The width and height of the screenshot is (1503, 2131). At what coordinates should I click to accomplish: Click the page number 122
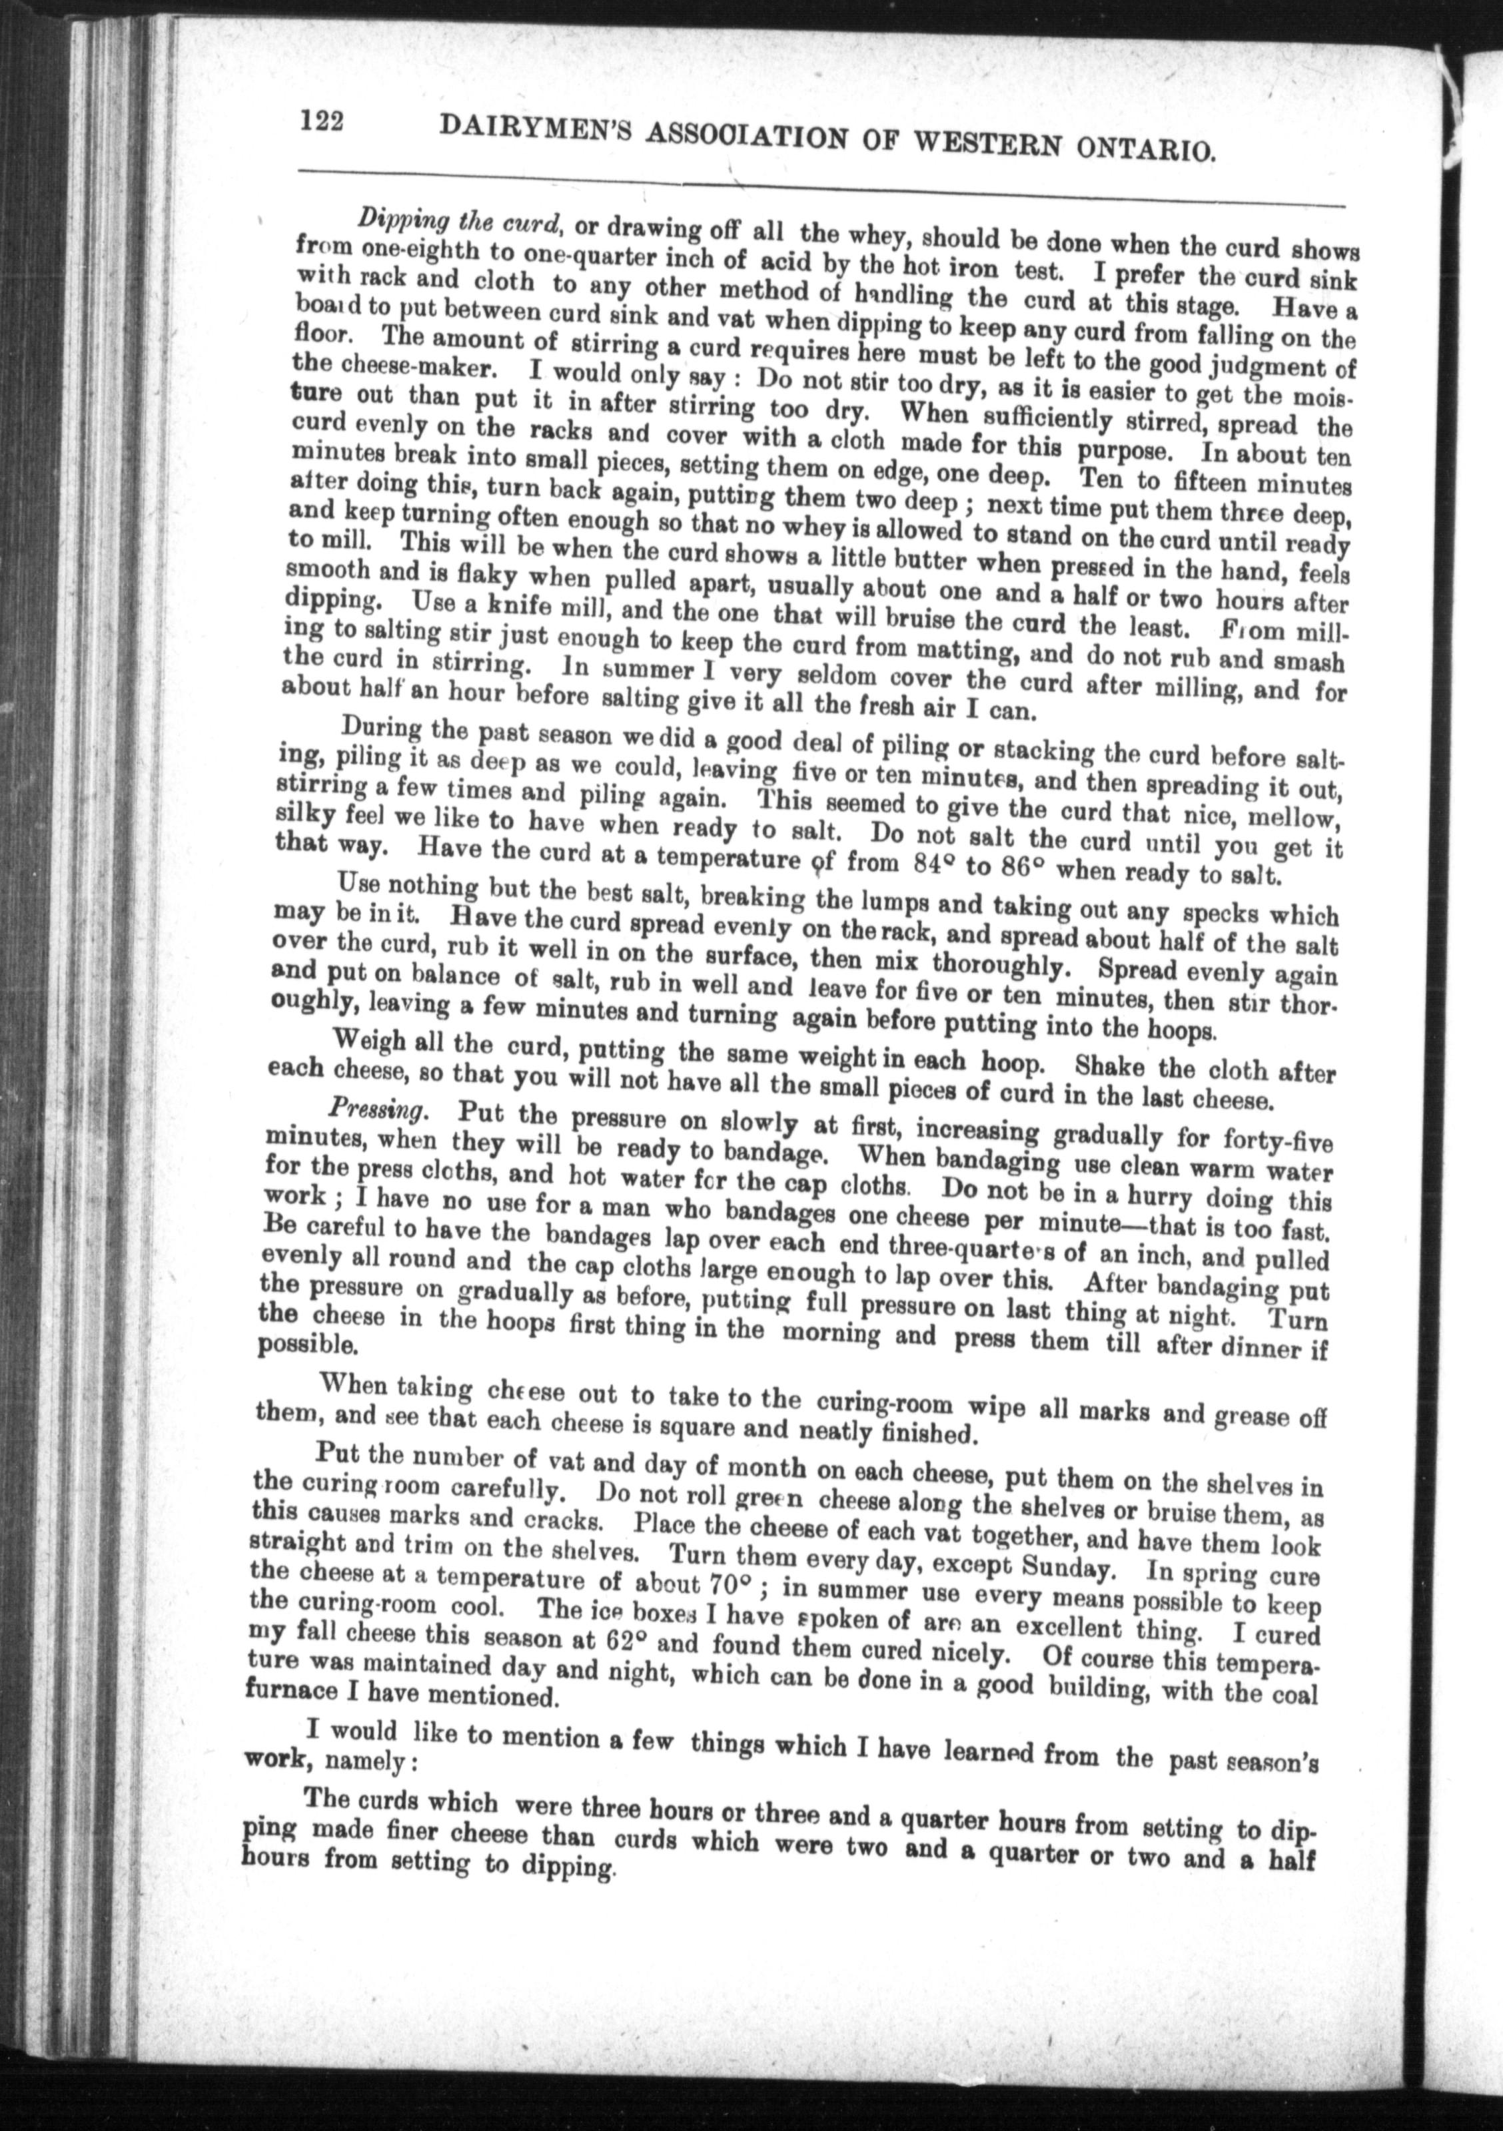coord(322,121)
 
